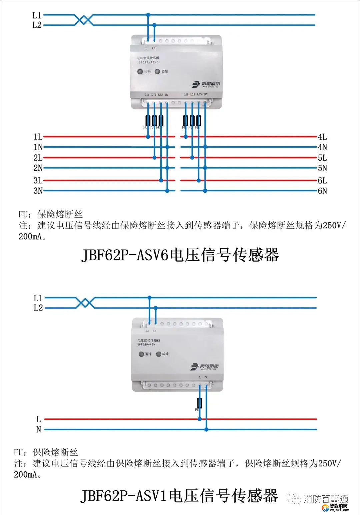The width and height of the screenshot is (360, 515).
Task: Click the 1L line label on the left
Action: [x=38, y=137]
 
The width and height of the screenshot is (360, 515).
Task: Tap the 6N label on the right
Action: [x=322, y=191]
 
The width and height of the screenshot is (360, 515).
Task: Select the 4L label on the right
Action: [x=322, y=137]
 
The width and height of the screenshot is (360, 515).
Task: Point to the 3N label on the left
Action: [x=38, y=191]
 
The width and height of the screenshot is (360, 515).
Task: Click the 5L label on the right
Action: [x=322, y=158]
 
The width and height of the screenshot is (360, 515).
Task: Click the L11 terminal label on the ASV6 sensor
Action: [x=147, y=95]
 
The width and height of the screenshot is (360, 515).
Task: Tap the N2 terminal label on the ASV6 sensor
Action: [x=206, y=95]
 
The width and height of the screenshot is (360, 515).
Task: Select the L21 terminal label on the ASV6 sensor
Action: [x=186, y=95]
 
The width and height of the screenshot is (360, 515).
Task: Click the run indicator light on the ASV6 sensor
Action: [x=140, y=72]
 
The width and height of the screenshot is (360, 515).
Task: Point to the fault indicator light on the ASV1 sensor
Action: [x=159, y=354]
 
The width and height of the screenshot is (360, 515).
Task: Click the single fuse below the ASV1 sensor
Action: [x=200, y=403]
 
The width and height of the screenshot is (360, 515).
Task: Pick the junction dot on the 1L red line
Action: [x=148, y=137]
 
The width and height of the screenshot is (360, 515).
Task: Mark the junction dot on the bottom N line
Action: [x=206, y=429]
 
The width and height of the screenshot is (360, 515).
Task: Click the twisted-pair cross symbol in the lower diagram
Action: [x=85, y=303]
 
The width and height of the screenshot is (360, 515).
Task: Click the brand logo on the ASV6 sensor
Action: [x=206, y=84]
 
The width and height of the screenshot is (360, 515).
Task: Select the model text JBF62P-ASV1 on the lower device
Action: [x=147, y=345]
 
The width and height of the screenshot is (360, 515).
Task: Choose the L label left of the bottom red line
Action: [x=39, y=419]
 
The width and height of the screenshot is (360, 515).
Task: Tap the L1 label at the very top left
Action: [x=37, y=15]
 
